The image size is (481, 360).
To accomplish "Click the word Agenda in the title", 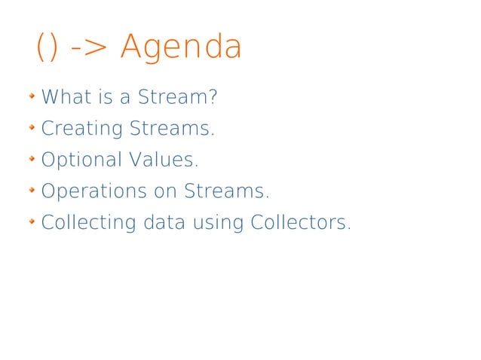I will coord(181,47).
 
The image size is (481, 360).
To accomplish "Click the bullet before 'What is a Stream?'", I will coord(32,96).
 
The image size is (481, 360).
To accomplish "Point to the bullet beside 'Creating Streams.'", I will coord(32,128).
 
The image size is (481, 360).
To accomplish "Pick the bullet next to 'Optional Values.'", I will coord(32,160).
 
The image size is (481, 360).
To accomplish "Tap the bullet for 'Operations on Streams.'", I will coord(32,191).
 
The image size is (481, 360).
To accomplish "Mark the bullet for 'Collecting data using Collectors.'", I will coord(32,223).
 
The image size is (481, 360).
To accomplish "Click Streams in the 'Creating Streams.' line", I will coord(172,129).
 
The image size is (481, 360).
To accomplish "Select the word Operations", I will coord(93,192).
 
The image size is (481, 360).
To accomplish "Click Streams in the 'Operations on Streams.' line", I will coord(226,192).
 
